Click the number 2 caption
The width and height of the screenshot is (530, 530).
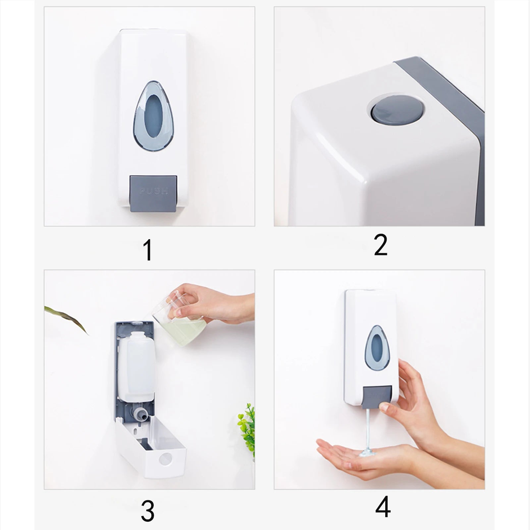tap(380, 245)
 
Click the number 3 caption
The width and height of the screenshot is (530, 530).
tap(147, 511)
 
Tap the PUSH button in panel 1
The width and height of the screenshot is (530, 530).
tap(153, 193)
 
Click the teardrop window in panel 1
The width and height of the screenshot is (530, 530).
tap(153, 115)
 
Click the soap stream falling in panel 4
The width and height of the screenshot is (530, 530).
tap(368, 431)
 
